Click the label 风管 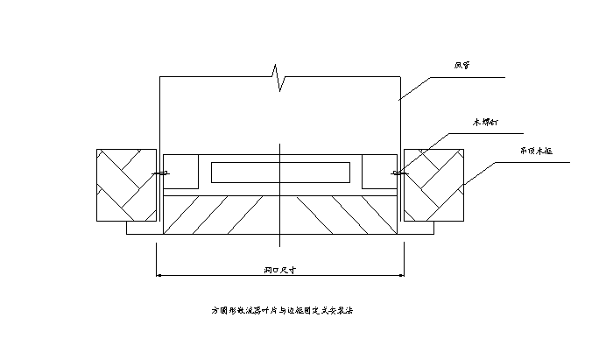462,65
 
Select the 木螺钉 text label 486,123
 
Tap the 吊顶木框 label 536,150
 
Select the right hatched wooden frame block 432,189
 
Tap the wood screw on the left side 161,174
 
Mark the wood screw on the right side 398,173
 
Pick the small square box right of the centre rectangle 378,170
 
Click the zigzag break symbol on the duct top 278,76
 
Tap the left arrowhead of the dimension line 160,276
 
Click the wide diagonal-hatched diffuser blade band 280,215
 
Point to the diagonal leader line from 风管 416,88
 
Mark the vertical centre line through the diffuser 279,153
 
